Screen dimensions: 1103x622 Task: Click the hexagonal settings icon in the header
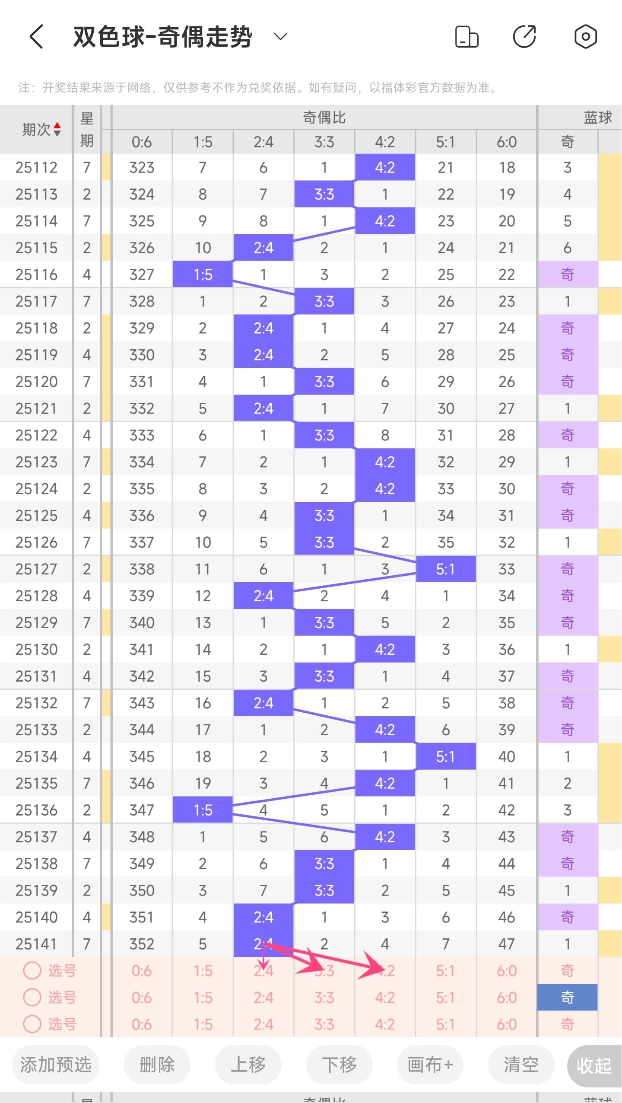(585, 37)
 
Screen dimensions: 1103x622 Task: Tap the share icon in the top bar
(524, 37)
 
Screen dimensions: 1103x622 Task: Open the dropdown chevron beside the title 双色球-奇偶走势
(281, 37)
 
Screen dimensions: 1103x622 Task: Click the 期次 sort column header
(41, 129)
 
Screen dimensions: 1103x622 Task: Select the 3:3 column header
(324, 142)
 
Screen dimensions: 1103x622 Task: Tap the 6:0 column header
(507, 142)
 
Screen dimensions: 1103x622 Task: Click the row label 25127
(36, 569)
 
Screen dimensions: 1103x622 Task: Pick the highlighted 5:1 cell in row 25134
(445, 756)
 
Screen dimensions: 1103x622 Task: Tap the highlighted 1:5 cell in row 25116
(203, 274)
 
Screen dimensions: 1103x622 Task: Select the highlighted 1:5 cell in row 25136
(203, 810)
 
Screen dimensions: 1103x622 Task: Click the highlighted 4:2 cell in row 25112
(385, 167)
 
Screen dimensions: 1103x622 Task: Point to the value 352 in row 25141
(142, 944)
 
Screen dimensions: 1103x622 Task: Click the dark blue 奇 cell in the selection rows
(567, 998)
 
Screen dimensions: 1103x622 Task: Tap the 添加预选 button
(56, 1065)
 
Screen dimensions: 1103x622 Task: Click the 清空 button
(521, 1065)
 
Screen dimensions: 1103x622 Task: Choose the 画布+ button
(430, 1065)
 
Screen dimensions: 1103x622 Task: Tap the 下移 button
(339, 1065)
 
